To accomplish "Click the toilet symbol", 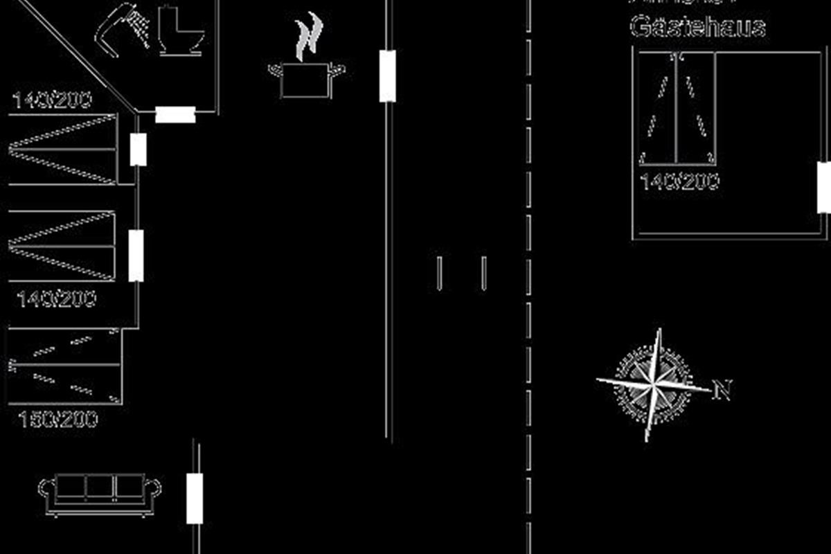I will click(181, 31).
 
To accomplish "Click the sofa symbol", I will click(100, 493).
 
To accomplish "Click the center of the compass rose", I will click(653, 382).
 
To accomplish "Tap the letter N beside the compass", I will click(722, 391).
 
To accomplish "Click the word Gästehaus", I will click(697, 28).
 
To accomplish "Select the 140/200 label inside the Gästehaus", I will click(679, 182).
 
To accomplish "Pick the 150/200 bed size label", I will click(58, 420).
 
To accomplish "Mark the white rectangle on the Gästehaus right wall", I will click(823, 187).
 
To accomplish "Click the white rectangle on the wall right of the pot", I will click(388, 75).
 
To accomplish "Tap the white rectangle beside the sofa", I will click(195, 499).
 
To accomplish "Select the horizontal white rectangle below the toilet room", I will click(175, 114).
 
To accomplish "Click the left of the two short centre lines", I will click(439, 272).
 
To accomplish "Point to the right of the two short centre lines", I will click(483, 272).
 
